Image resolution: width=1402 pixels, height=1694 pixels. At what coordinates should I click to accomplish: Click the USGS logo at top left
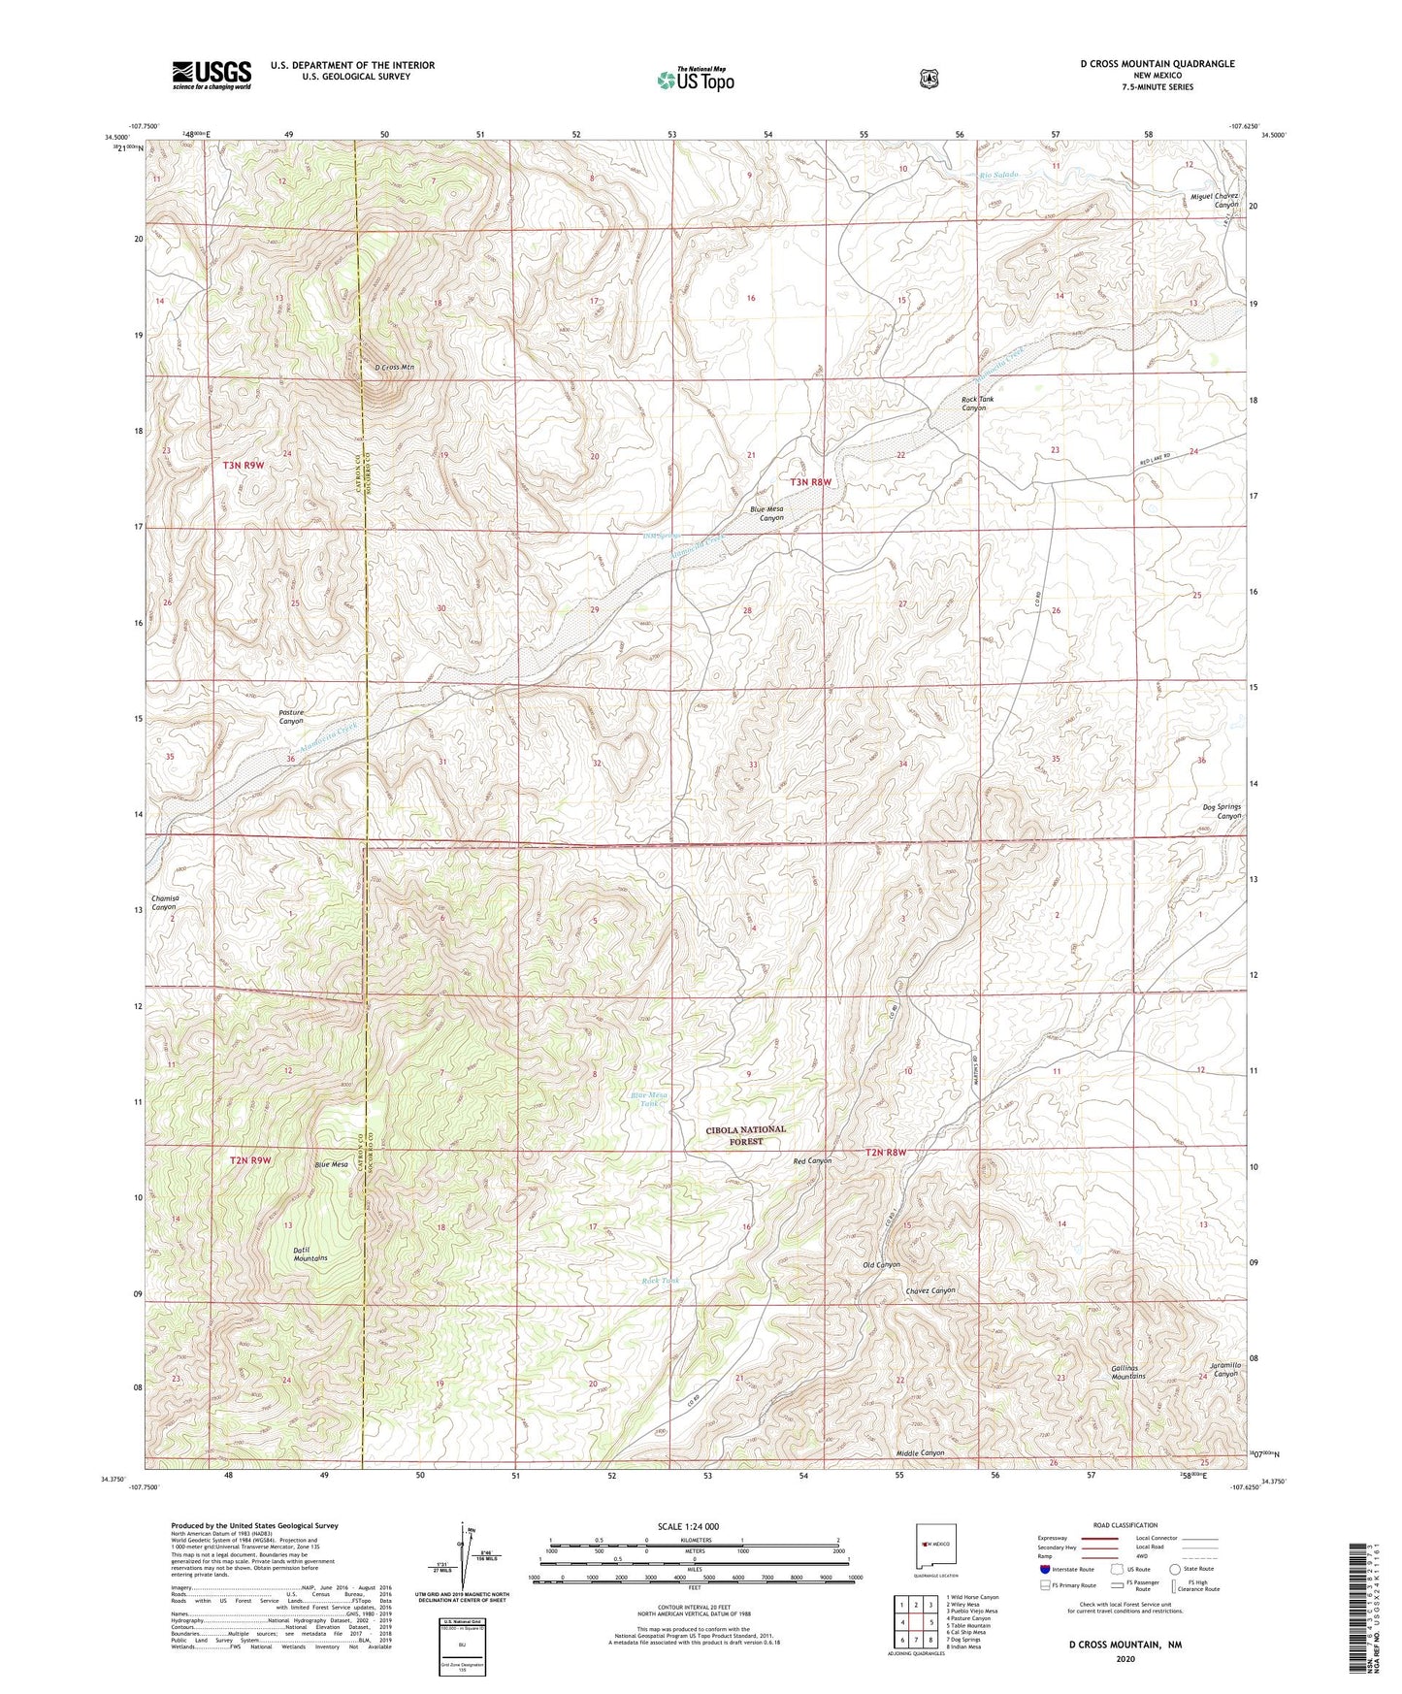212,75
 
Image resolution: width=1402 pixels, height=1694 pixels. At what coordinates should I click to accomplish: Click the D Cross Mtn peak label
395,368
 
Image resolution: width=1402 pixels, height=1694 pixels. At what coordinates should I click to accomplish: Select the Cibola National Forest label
745,1135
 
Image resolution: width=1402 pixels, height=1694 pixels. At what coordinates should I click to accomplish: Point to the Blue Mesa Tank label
649,1099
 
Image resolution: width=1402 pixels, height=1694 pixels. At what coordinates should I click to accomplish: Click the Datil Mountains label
310,1254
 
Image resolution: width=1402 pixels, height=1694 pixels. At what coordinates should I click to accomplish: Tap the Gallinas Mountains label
1128,1372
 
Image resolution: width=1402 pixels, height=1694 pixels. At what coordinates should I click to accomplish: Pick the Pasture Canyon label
291,717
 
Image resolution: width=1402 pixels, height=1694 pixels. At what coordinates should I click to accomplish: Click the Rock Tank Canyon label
973,404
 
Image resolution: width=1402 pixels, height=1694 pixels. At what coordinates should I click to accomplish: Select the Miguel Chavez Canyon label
1214,201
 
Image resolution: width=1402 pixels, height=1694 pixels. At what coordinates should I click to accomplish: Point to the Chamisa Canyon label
163,902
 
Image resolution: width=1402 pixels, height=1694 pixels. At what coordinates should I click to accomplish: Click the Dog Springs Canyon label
1222,811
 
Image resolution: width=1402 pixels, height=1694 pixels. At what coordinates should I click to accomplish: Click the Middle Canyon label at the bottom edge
920,1453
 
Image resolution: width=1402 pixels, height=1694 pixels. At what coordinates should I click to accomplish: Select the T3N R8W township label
811,482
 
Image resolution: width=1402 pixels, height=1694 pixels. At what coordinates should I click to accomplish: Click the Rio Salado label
998,175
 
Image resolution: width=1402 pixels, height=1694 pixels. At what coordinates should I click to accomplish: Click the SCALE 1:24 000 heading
688,1526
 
